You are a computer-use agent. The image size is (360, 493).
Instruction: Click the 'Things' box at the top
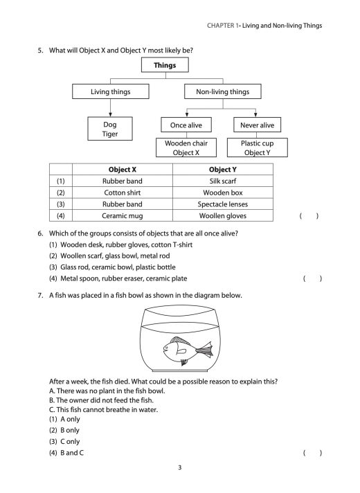(165, 66)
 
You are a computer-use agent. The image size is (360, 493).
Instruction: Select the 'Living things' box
(110, 91)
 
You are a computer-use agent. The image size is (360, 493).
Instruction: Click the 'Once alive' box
(187, 125)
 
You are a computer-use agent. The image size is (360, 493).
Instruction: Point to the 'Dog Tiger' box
(110, 129)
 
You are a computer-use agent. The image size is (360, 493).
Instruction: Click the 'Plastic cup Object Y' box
(256, 147)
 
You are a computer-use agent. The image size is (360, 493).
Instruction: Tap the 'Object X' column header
(123, 169)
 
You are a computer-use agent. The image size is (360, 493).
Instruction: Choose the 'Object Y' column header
(222, 169)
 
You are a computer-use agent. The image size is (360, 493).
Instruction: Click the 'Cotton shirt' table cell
(123, 192)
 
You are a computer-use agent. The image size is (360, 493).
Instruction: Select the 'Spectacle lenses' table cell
(222, 204)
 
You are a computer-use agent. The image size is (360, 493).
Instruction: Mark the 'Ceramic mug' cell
(123, 216)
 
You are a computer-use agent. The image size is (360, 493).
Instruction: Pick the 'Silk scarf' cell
(222, 181)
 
